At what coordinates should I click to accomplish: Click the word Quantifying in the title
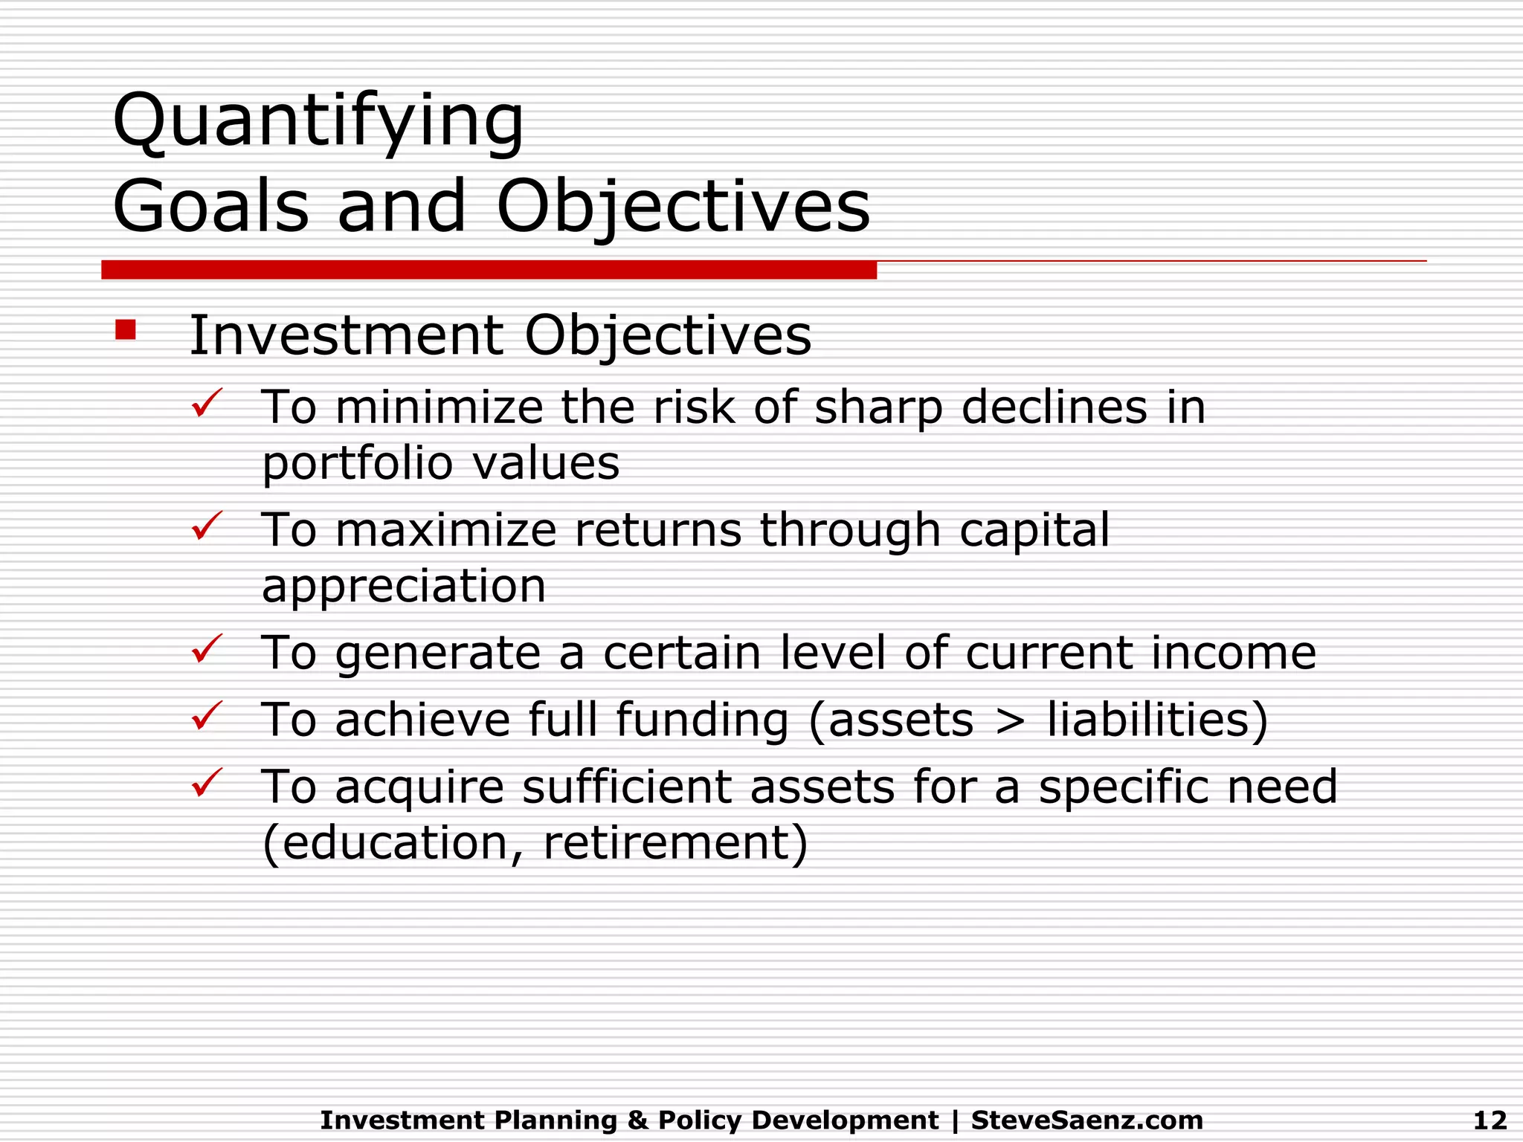(x=318, y=122)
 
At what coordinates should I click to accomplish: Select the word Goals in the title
(x=210, y=206)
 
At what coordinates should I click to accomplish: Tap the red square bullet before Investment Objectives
(x=126, y=329)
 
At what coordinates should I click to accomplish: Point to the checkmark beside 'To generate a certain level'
(x=207, y=649)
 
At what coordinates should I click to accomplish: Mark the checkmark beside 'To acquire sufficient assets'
(x=207, y=783)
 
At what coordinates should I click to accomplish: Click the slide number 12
(x=1490, y=1120)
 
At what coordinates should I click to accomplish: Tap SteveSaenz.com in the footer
(x=1086, y=1120)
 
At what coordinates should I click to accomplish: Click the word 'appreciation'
(x=404, y=587)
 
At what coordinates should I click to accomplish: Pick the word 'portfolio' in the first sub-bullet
(x=357, y=464)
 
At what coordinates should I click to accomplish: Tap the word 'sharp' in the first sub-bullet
(x=878, y=408)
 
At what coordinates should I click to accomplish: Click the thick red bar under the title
(x=489, y=270)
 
